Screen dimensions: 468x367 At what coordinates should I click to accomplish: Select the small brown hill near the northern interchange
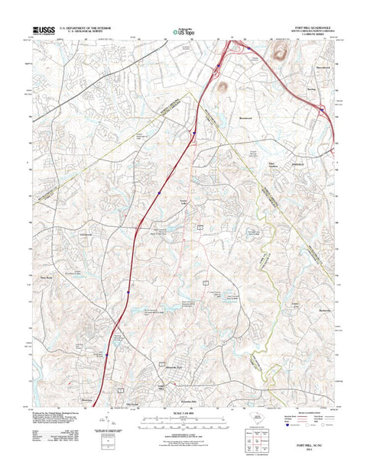(x=226, y=88)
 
